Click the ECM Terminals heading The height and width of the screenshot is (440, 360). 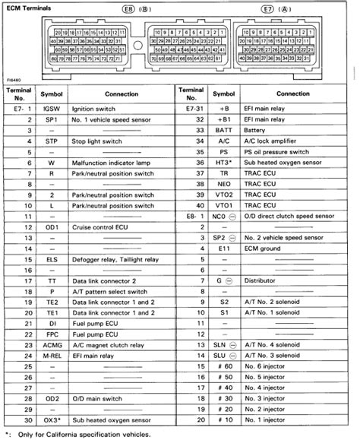coord(27,5)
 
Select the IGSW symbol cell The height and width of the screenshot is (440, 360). coord(52,109)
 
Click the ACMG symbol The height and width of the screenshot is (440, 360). coord(52,345)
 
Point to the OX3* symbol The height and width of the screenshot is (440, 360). coord(52,420)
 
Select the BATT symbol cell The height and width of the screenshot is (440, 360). coord(223,130)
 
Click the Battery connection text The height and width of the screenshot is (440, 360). coord(257,130)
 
